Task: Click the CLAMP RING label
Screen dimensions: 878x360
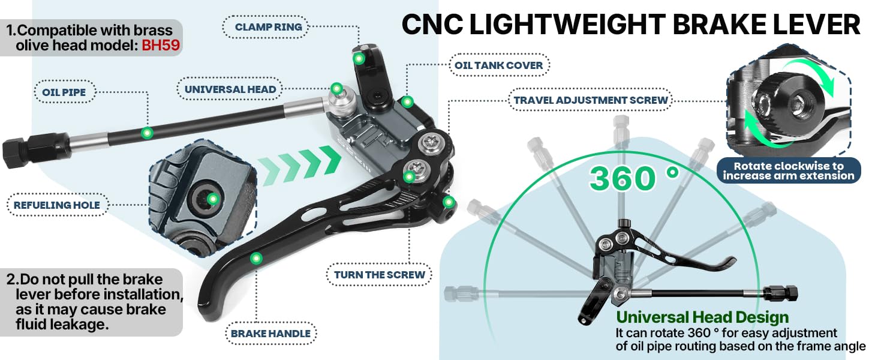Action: point(268,27)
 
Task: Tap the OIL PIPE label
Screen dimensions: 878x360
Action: point(64,92)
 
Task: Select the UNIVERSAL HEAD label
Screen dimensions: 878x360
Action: point(230,89)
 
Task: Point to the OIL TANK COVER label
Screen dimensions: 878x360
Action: point(498,65)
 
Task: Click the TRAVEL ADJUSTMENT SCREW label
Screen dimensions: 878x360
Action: point(591,100)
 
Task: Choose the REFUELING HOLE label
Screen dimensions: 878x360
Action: point(57,205)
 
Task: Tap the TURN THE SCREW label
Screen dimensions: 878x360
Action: point(380,275)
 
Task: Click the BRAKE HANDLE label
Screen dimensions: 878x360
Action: point(271,334)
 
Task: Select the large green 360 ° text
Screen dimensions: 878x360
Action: point(633,178)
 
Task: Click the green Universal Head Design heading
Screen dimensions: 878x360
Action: point(702,317)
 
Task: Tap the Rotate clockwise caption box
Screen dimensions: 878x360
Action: point(789,170)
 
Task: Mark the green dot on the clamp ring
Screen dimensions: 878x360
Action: point(359,58)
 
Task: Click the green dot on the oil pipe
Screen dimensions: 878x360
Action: point(148,132)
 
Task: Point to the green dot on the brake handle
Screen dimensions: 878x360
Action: point(257,258)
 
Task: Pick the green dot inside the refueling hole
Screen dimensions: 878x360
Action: point(212,199)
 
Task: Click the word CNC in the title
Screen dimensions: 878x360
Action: point(431,25)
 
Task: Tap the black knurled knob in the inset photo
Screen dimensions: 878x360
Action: point(778,107)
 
